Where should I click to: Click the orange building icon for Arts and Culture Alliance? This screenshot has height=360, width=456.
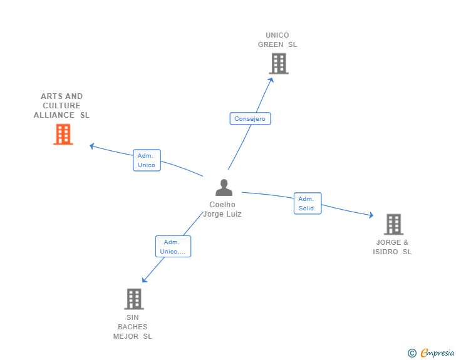click(63, 134)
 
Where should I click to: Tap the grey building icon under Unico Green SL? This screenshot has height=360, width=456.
click(279, 63)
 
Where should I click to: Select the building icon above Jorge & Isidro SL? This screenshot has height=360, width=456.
click(393, 224)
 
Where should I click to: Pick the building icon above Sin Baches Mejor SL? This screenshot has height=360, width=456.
click(133, 299)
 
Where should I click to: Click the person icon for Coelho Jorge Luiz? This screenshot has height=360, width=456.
click(224, 188)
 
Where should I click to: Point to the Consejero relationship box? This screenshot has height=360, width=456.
click(250, 118)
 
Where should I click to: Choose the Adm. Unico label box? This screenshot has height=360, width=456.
click(147, 160)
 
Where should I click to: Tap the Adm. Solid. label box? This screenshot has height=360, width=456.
click(307, 203)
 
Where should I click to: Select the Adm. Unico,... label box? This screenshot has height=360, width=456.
click(173, 247)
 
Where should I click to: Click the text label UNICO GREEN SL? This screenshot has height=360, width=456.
click(277, 40)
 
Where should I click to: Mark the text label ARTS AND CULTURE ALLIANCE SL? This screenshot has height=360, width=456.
click(61, 106)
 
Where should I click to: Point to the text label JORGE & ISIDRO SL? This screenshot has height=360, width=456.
click(392, 247)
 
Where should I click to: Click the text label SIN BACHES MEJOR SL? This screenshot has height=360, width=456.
click(133, 327)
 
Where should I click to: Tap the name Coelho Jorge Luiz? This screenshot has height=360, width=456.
click(222, 209)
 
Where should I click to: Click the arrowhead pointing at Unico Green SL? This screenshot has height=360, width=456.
click(272, 79)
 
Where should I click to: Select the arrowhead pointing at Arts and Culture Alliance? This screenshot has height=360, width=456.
click(91, 146)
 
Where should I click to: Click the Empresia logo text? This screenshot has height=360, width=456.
click(437, 353)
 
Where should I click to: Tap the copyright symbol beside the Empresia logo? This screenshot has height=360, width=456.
click(412, 354)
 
